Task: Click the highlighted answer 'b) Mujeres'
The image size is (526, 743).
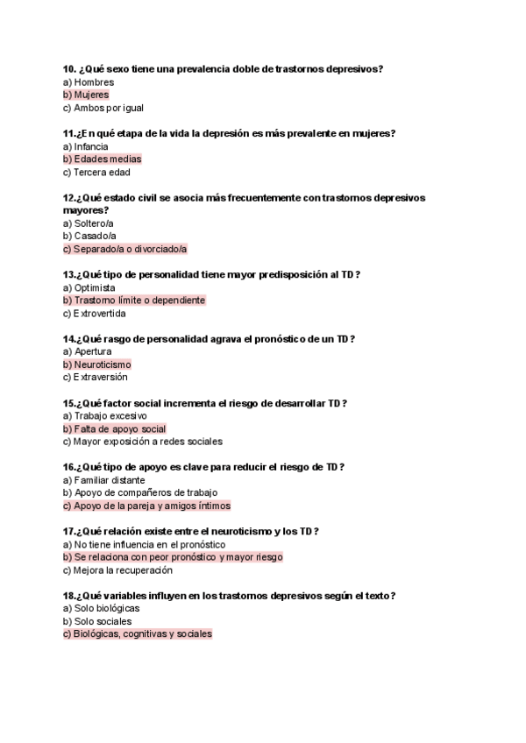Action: (x=86, y=95)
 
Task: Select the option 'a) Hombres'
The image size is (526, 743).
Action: (x=89, y=82)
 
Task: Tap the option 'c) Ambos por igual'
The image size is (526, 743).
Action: (x=103, y=108)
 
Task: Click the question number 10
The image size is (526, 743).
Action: (x=69, y=68)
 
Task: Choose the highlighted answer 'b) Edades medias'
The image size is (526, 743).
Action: (x=102, y=159)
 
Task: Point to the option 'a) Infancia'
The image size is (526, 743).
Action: (x=86, y=146)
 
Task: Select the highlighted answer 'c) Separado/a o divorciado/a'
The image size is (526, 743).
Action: (x=124, y=249)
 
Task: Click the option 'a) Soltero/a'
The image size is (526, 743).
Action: (x=89, y=223)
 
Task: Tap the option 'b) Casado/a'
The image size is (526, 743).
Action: (x=89, y=236)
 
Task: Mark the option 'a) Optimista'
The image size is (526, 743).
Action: (x=89, y=287)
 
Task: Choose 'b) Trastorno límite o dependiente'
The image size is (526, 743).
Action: (x=134, y=301)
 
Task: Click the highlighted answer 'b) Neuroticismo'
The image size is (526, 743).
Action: (x=96, y=364)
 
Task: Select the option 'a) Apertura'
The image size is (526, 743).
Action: (x=88, y=351)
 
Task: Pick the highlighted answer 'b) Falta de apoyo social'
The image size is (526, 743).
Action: (x=114, y=429)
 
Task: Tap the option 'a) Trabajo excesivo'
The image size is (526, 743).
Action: (x=105, y=416)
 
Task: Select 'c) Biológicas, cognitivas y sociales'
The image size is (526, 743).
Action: (x=138, y=634)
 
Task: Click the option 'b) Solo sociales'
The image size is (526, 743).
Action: (x=98, y=621)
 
